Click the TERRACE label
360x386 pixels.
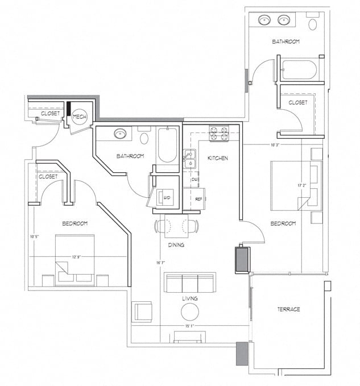click(288, 309)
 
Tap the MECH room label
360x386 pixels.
click(79, 117)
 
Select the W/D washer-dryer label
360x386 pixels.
click(167, 198)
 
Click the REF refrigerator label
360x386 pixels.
click(198, 199)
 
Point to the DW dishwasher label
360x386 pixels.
click(195, 178)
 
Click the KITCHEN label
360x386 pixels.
click(217, 158)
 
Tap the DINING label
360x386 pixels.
click(176, 245)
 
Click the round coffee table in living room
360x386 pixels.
click(190, 311)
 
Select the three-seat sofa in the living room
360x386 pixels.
click(190, 282)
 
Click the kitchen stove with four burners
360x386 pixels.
click(218, 134)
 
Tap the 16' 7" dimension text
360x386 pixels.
click(162, 263)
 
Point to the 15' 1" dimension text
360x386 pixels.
click(190, 326)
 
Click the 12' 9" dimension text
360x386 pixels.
click(77, 257)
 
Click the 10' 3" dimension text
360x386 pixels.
click(275, 146)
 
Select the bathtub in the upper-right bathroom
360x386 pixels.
click(299, 69)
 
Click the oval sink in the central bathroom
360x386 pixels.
click(121, 134)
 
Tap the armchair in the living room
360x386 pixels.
click(142, 312)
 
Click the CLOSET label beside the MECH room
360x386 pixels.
click(50, 114)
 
